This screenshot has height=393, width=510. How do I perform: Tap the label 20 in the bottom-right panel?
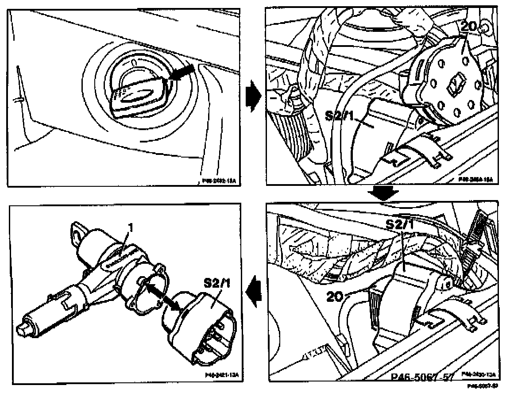coord(338,295)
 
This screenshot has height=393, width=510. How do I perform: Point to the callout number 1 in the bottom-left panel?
coord(131,227)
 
